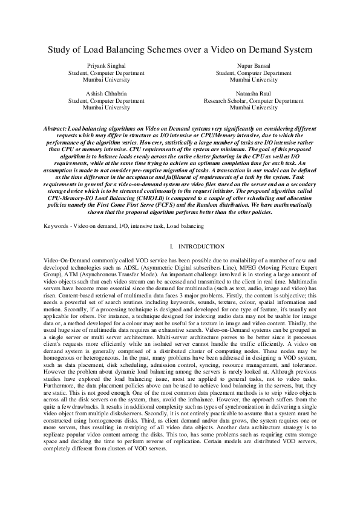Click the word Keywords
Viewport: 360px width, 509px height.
[x=56, y=225]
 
